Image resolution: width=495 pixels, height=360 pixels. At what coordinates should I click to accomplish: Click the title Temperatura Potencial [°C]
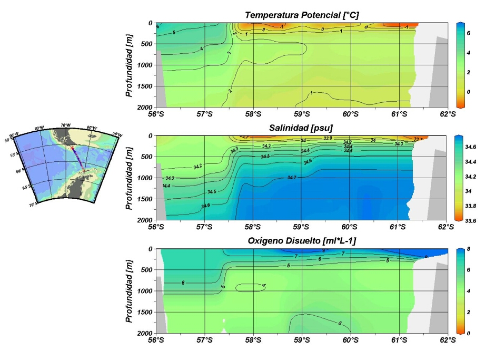point(302,15)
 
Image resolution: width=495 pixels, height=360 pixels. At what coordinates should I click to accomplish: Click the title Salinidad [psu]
point(302,129)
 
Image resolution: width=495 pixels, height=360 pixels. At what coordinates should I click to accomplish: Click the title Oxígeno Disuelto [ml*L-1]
point(302,241)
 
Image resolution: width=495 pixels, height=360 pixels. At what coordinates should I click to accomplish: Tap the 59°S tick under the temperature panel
point(302,114)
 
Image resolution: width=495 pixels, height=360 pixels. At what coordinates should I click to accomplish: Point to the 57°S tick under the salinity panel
point(204,227)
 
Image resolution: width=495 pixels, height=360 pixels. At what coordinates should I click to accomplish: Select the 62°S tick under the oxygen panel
point(447,340)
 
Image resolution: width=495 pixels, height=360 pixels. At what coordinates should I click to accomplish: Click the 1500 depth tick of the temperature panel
point(145,86)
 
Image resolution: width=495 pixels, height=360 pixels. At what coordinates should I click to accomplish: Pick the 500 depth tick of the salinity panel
point(147,157)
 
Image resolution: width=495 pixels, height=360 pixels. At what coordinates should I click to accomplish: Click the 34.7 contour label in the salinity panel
point(292,178)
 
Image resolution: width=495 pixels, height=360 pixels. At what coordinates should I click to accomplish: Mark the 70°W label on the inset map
point(65,125)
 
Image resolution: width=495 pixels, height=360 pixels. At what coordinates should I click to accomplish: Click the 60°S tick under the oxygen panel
point(350,340)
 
